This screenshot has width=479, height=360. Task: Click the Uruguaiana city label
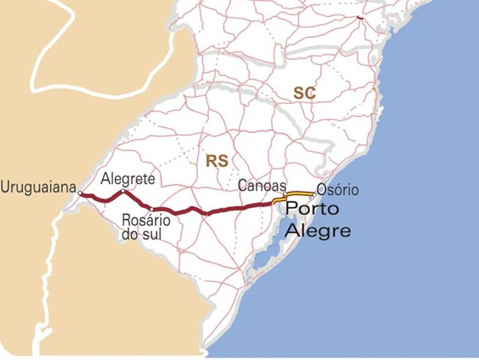pos(39,187)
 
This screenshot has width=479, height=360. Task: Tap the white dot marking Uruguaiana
pos(80,193)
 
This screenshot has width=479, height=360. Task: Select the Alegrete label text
pos(128,179)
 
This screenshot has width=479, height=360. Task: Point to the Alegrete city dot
pos(123,191)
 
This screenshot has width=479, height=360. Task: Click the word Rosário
pos(146,221)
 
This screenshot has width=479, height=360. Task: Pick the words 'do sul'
pos(142,234)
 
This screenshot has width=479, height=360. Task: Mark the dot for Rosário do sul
pos(152,209)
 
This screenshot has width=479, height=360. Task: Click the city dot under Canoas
pos(285,195)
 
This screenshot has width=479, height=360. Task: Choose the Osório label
pos(337,190)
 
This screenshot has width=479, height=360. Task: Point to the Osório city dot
pos(314,194)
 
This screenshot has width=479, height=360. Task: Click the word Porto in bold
pos(312,209)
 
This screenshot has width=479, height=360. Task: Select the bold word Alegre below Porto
pos(318,230)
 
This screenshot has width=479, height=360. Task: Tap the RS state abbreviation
pos(217,160)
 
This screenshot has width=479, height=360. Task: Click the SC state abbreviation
pos(304,93)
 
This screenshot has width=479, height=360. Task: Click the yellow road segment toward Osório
pos(300,193)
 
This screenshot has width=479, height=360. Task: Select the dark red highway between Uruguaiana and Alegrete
pos(102,198)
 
